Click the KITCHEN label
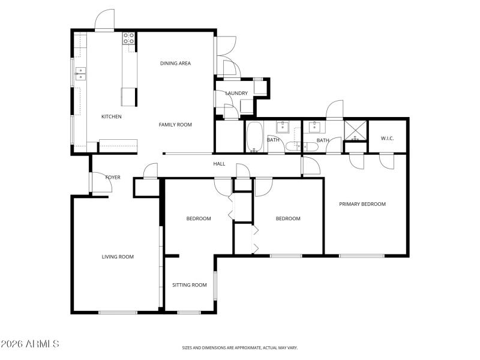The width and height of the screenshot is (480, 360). coord(112,116)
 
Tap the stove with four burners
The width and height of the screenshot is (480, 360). coord(129,38)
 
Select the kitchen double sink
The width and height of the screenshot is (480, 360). coord(80,74)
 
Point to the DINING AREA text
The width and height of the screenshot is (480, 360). coord(175,63)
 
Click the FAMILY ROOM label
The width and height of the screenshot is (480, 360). coord(175,125)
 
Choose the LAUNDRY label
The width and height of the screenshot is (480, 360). coord(236,93)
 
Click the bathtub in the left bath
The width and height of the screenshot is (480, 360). coord(254,136)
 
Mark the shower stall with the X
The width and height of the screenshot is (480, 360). coord(355,130)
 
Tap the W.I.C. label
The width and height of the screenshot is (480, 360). coord(387,139)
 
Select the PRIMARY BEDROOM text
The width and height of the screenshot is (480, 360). coord(362,204)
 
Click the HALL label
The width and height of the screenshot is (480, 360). coord(220,163)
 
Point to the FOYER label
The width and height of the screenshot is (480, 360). coord(113,178)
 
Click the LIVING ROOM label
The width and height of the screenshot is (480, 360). coord(118,257)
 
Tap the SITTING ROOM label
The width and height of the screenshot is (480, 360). coord(190,285)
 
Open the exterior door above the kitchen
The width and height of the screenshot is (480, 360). coord(104,20)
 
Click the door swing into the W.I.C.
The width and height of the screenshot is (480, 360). coord(386,160)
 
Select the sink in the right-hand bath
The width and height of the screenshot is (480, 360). coord(313,127)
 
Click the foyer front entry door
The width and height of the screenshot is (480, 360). coord(98,184)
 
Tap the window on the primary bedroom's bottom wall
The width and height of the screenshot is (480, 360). coord(362,256)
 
